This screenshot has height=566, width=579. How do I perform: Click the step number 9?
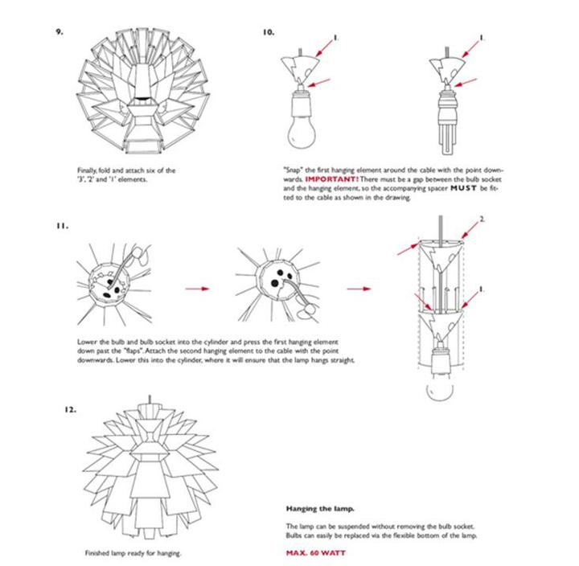pyautogui.click(x=60, y=33)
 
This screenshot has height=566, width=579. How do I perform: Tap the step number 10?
pyautogui.click(x=269, y=33)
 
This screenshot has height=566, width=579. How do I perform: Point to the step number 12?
pyautogui.click(x=70, y=410)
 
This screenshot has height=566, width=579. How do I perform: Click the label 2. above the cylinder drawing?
pyautogui.click(x=503, y=219)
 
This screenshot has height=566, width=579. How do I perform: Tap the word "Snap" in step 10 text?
pyautogui.click(x=294, y=170)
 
